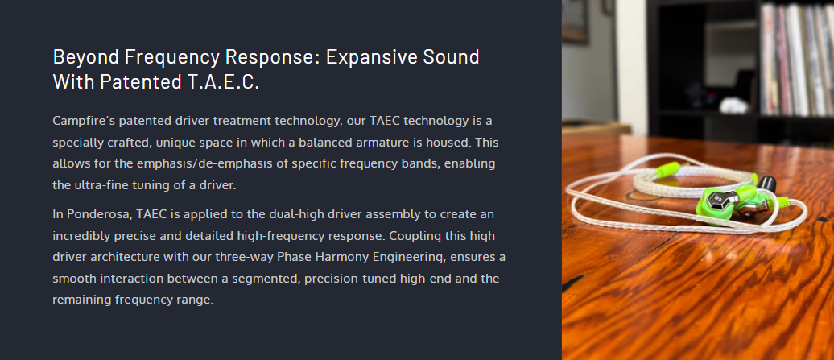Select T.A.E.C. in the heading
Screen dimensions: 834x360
224,82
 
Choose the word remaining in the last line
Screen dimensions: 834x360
82,300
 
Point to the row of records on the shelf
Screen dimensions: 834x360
796,60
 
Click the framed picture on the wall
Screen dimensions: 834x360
575,20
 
